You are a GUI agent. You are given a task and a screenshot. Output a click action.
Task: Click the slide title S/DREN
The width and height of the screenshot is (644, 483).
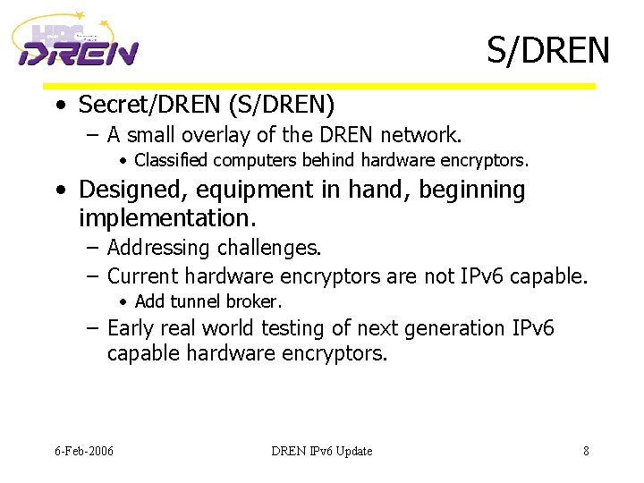(547, 50)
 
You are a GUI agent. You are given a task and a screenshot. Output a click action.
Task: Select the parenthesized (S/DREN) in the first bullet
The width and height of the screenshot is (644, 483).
(282, 105)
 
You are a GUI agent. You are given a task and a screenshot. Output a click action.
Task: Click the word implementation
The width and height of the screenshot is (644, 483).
(162, 218)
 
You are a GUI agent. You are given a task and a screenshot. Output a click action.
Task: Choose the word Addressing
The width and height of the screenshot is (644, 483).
(158, 247)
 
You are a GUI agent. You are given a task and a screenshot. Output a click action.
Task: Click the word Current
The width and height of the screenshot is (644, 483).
(143, 276)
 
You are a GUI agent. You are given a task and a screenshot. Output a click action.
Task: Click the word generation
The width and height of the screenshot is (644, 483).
(457, 328)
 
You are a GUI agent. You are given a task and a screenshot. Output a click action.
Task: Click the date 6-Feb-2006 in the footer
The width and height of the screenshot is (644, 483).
(83, 451)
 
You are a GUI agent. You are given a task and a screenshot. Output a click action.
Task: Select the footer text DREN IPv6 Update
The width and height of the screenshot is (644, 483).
(321, 451)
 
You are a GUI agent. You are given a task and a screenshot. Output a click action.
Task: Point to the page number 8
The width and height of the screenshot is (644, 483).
(586, 451)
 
